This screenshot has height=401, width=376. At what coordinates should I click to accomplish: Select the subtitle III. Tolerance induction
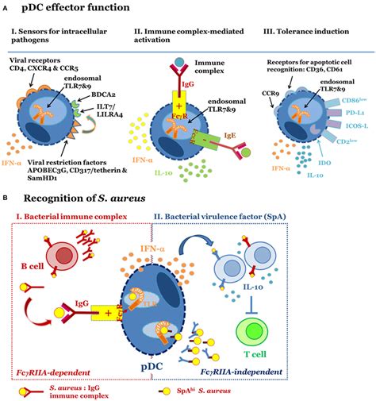click(302, 34)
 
